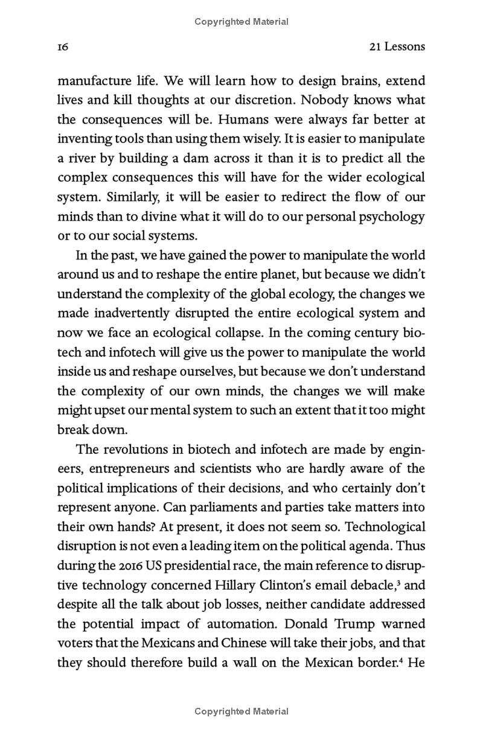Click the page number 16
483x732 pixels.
(x=63, y=47)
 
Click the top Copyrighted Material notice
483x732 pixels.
(x=241, y=22)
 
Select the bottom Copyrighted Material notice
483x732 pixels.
(x=241, y=711)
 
